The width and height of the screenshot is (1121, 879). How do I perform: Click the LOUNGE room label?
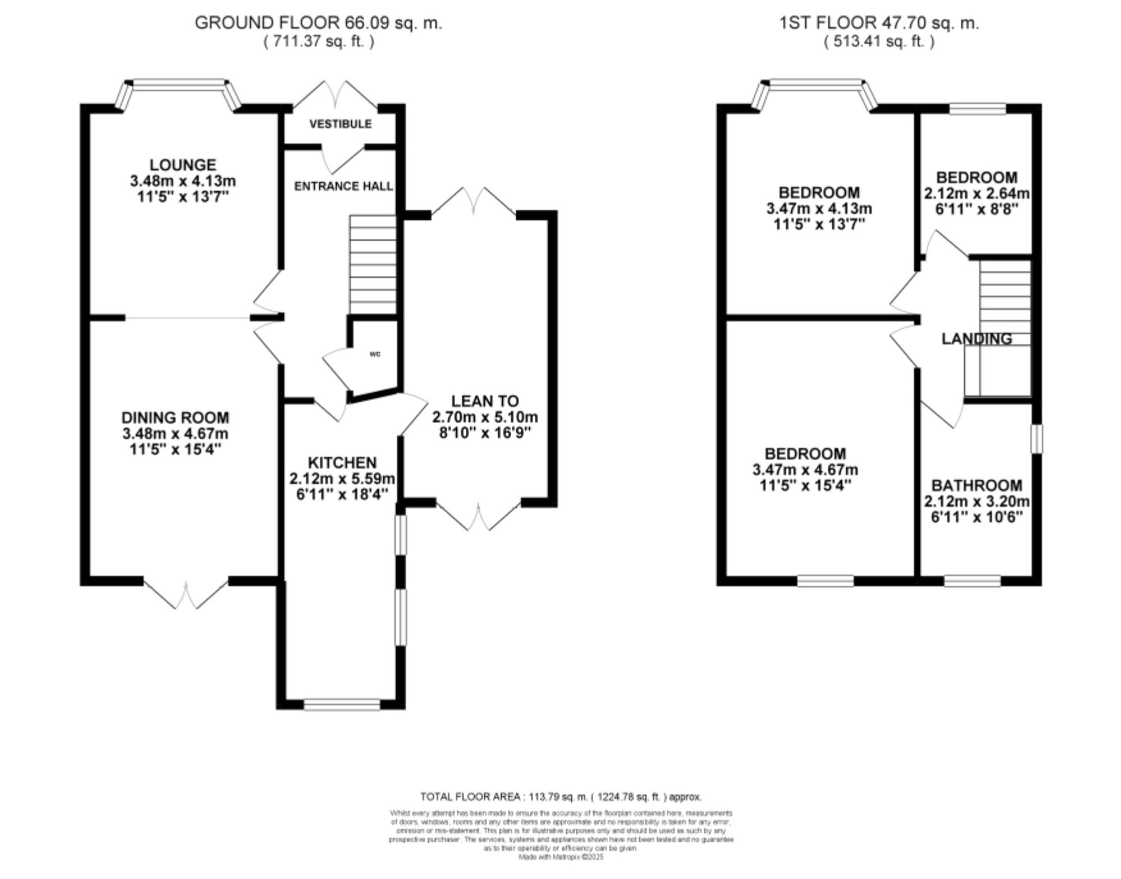click(x=183, y=165)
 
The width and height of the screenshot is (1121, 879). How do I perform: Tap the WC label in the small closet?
click(x=375, y=354)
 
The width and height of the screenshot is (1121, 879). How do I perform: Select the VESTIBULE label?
click(x=340, y=124)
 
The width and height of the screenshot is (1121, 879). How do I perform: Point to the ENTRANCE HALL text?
click(x=343, y=186)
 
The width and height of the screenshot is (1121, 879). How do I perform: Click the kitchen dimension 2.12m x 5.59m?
click(x=342, y=479)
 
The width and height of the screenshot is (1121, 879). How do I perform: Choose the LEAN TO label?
click(x=485, y=401)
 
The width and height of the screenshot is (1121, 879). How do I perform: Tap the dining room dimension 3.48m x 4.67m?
click(x=175, y=434)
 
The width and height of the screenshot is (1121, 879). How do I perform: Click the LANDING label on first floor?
click(x=976, y=339)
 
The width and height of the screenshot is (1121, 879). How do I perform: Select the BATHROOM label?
click(x=976, y=485)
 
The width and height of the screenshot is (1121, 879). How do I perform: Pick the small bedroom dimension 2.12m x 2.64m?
click(x=976, y=193)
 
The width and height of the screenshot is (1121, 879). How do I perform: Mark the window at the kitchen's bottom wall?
click(x=342, y=705)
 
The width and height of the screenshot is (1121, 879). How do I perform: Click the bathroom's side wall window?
click(x=1037, y=438)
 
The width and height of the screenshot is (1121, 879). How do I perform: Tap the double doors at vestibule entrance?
click(x=335, y=95)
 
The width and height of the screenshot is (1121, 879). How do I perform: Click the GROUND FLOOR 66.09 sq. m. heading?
click(x=318, y=23)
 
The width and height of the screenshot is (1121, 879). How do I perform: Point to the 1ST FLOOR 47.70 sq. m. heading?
click(x=879, y=23)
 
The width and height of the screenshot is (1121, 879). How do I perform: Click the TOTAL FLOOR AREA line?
click(x=560, y=797)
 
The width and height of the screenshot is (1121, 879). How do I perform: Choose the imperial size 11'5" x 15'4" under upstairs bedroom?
click(x=805, y=485)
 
